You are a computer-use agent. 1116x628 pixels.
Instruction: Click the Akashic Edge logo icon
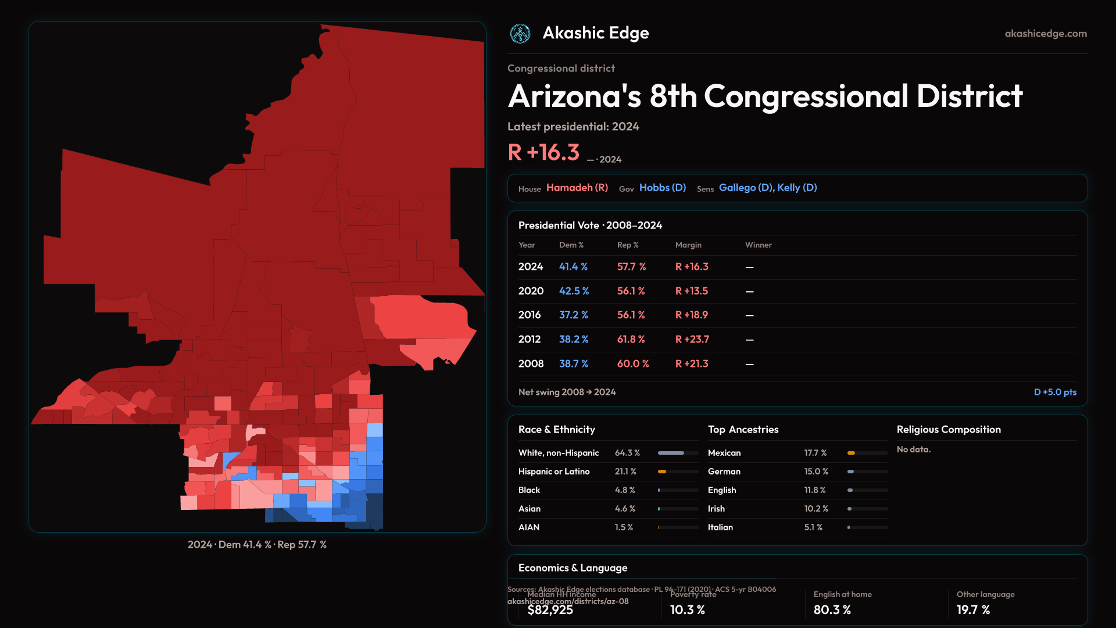pyautogui.click(x=520, y=34)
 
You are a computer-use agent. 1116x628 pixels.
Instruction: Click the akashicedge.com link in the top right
pyautogui.click(x=1046, y=34)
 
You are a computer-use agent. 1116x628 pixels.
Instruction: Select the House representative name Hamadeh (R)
pyautogui.click(x=577, y=188)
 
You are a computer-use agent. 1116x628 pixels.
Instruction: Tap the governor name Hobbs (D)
pyautogui.click(x=663, y=188)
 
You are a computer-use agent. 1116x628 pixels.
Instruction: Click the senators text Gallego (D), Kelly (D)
pyautogui.click(x=768, y=188)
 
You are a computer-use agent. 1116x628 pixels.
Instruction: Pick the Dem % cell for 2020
pyautogui.click(x=574, y=291)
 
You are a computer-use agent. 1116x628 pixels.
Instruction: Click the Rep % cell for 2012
pyautogui.click(x=631, y=339)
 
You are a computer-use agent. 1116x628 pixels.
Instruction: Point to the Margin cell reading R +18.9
pyautogui.click(x=692, y=315)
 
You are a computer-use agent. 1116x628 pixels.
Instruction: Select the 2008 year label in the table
pyautogui.click(x=531, y=363)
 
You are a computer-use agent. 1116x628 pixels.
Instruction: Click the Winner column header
pyautogui.click(x=759, y=245)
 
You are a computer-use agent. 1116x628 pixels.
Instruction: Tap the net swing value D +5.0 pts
pyautogui.click(x=1055, y=392)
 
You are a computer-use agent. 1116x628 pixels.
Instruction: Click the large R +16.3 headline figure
pyautogui.click(x=543, y=152)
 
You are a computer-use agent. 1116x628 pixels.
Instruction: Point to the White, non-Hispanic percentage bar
pyautogui.click(x=678, y=453)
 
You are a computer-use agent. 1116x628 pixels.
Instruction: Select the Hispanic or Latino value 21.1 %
pyautogui.click(x=625, y=472)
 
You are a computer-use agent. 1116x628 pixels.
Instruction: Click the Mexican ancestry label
pyautogui.click(x=724, y=453)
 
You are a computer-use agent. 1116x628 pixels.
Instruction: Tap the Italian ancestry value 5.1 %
pyautogui.click(x=813, y=527)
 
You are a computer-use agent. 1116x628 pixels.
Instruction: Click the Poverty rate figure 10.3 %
pyautogui.click(x=687, y=609)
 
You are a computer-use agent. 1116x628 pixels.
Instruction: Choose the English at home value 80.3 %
pyautogui.click(x=832, y=609)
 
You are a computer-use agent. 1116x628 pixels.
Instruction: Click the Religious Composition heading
pyautogui.click(x=949, y=429)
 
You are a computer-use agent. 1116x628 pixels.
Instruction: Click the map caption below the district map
pyautogui.click(x=257, y=544)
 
